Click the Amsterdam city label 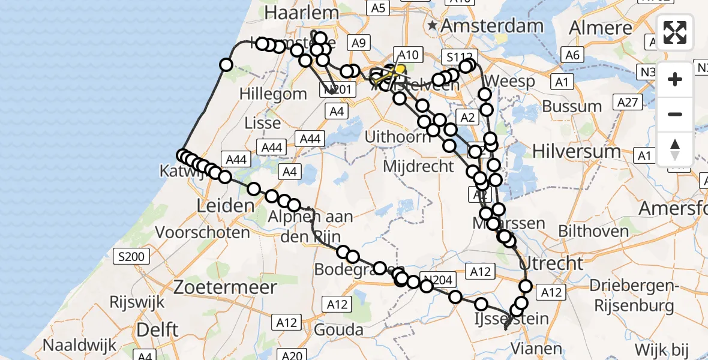[494, 26]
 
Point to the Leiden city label [225, 206]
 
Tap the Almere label [601, 28]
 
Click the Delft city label [157, 329]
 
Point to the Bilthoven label [593, 231]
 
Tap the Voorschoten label [203, 232]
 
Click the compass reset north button [675, 148]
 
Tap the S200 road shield [131, 257]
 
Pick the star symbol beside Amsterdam [433, 26]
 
